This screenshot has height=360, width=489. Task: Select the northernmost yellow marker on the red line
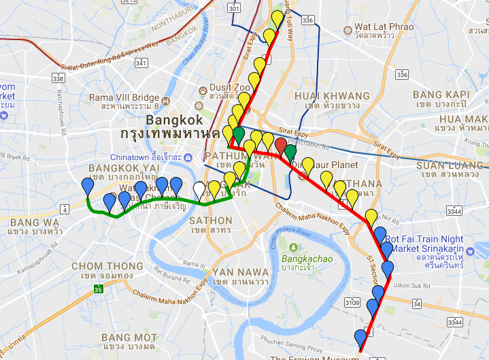click(277, 18)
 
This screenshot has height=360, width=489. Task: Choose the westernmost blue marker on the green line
click(88, 185)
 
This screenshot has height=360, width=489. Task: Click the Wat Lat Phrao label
click(383, 28)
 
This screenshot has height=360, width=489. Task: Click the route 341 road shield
click(141, 63)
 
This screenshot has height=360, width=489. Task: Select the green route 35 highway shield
click(98, 289)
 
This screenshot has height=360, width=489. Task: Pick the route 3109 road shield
click(352, 301)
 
